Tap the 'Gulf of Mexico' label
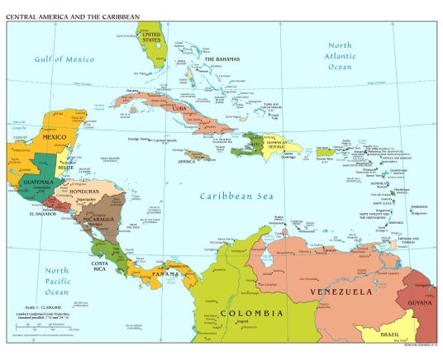[x=64, y=59]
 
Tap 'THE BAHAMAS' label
[x=221, y=60]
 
